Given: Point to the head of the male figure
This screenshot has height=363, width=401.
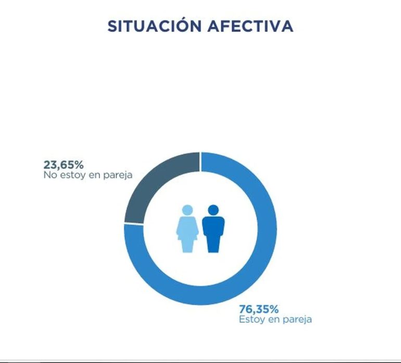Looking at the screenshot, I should (213, 210).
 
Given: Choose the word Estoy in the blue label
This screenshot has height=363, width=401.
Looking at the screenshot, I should (251, 319).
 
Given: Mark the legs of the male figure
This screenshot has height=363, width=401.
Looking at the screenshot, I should (213, 244).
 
